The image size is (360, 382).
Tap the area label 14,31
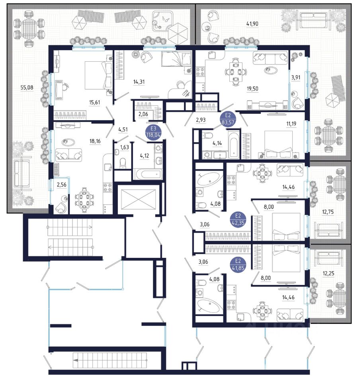[x=139, y=82]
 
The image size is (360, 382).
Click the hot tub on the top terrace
[x=164, y=20]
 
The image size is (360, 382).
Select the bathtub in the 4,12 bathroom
[x=147, y=174]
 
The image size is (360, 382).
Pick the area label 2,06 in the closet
[x=143, y=114]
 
